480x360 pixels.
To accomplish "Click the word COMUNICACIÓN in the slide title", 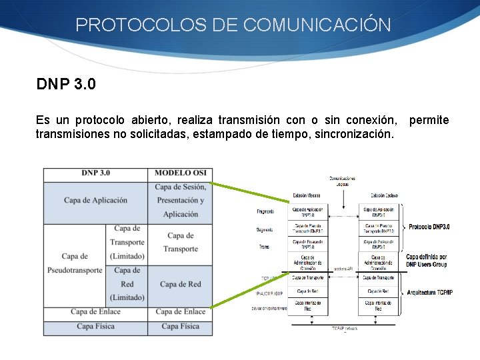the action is tap(317, 25).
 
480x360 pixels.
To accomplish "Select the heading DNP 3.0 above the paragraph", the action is tap(66, 85).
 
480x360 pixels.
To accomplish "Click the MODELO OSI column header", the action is tap(181, 173).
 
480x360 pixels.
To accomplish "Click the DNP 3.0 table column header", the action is tap(95, 173).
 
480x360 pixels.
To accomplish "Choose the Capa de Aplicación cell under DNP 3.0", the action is tap(95, 200).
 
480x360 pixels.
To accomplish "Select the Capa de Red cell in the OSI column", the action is tap(181, 284).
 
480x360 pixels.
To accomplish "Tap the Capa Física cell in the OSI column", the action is tap(181, 326).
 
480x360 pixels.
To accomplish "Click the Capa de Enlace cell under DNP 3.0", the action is tap(95, 311).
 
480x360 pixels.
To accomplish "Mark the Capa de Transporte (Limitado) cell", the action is tap(127, 242).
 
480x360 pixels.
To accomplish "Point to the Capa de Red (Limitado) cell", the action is tap(127, 284).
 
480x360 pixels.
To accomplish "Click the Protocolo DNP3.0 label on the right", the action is tap(429, 227).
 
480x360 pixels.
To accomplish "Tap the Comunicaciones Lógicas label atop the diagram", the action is tap(342, 180).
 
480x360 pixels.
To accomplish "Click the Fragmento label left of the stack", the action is tap(265, 211).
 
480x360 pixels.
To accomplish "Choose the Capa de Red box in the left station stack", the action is tap(307, 291).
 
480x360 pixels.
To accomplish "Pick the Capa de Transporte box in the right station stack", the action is tap(378, 277).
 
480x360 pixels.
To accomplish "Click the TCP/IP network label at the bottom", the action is tap(345, 329).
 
